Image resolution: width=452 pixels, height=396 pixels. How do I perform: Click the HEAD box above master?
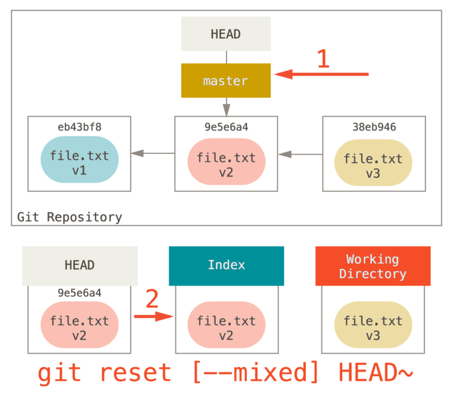[225, 34]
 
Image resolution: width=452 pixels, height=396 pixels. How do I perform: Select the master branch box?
[225, 81]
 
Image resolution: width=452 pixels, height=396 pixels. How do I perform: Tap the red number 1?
[323, 59]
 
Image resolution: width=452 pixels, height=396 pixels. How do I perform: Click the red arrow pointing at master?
[322, 74]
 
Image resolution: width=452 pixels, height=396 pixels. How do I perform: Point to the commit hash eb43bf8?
[80, 127]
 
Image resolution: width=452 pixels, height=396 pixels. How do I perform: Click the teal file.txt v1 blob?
[80, 163]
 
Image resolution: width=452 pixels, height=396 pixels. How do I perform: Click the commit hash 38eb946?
[373, 127]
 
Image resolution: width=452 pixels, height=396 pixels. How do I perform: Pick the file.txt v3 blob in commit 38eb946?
[373, 165]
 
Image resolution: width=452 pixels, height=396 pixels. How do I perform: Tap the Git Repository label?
[69, 217]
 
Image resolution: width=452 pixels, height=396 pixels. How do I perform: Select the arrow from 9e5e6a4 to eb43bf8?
[153, 153]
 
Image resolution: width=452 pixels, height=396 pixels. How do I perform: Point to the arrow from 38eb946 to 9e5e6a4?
[299, 153]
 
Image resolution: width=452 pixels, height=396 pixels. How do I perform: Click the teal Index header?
[226, 265]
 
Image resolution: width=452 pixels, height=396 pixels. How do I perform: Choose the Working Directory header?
[372, 266]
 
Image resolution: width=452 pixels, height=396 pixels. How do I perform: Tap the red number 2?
[152, 300]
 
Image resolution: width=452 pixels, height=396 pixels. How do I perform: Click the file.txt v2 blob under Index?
[226, 328]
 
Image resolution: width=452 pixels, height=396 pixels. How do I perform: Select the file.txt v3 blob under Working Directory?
[373, 328]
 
